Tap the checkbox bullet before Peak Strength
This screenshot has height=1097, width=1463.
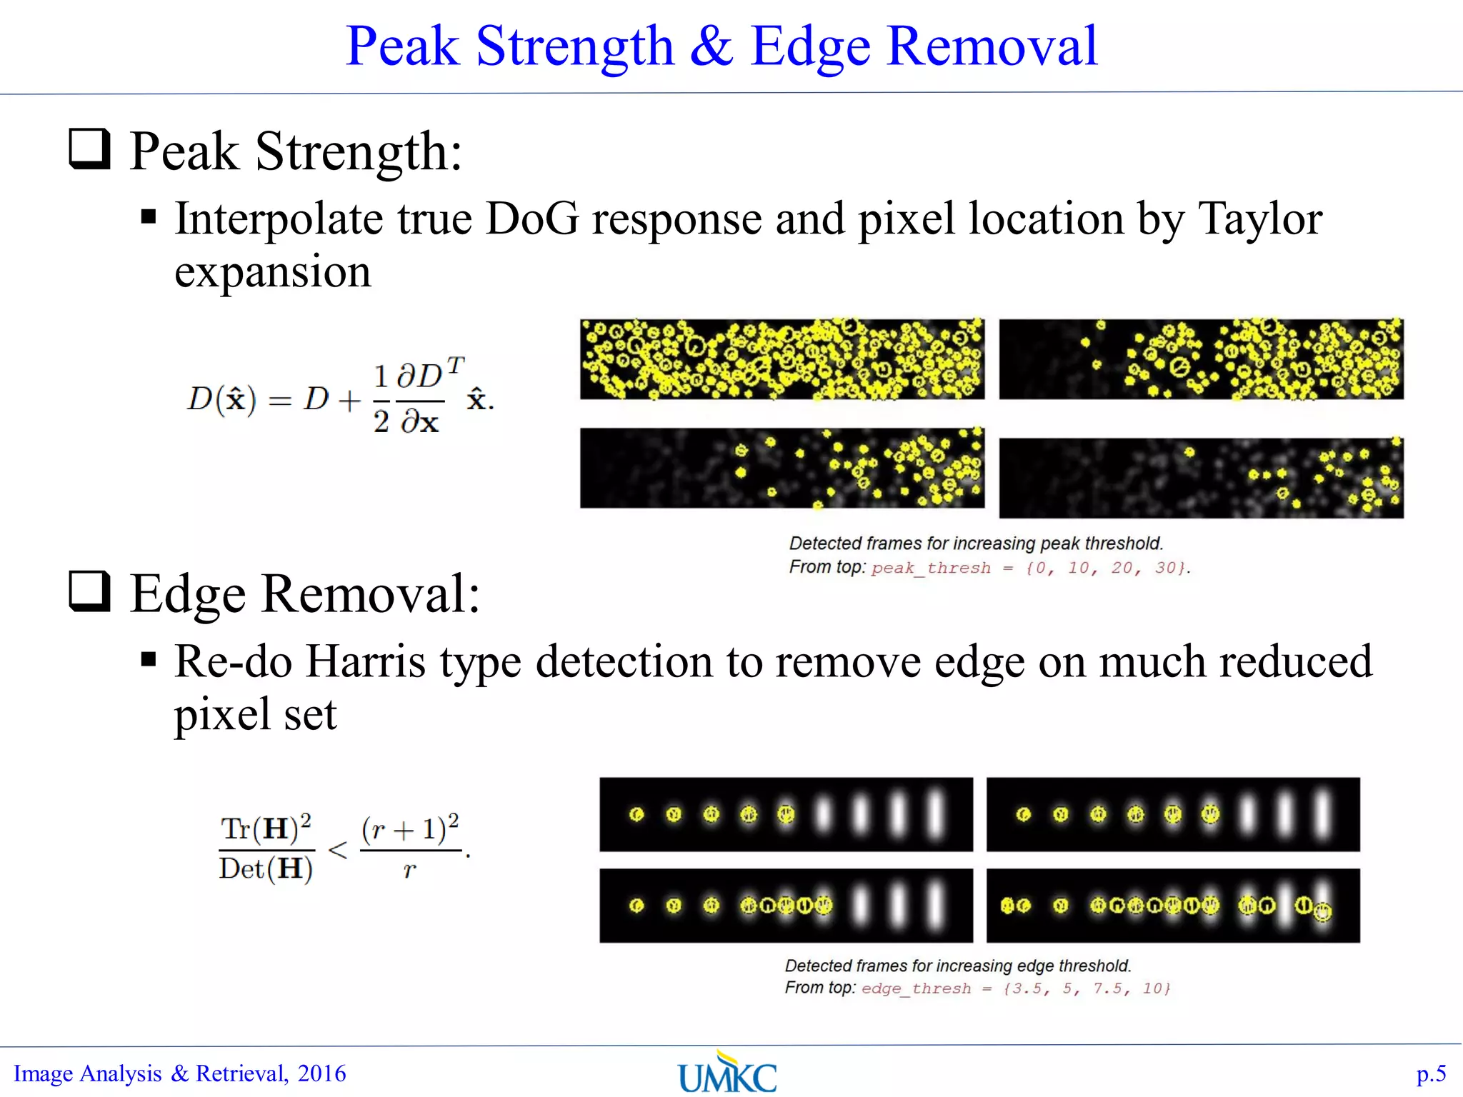click(89, 149)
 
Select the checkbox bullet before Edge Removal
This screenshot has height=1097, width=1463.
click(89, 591)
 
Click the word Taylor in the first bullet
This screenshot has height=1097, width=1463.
click(1259, 219)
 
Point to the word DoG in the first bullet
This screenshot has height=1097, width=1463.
click(532, 219)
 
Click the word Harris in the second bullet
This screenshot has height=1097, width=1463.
click(366, 661)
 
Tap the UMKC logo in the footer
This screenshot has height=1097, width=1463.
click(727, 1073)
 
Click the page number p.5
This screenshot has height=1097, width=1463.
click(1431, 1073)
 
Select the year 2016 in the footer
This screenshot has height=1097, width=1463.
click(321, 1073)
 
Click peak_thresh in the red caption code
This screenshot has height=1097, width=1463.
click(931, 568)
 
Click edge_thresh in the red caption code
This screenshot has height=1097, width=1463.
click(916, 989)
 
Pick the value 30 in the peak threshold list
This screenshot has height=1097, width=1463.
click(1166, 568)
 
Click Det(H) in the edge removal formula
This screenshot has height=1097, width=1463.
click(266, 869)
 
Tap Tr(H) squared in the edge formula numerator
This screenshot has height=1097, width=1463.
click(266, 828)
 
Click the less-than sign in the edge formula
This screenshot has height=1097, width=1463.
click(337, 850)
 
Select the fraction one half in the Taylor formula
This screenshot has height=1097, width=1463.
click(381, 400)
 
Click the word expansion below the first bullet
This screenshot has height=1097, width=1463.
click(273, 273)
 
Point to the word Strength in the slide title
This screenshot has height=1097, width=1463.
click(575, 46)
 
